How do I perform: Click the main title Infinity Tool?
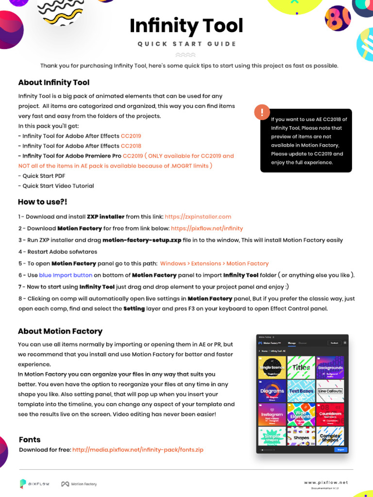(186, 26)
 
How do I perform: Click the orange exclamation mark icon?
(262, 113)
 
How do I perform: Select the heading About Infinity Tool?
(54, 83)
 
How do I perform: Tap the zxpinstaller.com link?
(198, 216)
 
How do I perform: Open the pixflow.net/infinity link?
(207, 228)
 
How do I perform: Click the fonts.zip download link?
(138, 450)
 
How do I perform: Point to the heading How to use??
(43, 202)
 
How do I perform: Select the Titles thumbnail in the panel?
(301, 367)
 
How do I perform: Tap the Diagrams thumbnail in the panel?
(272, 391)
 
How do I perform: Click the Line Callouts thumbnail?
(330, 391)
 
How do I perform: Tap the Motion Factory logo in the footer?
(79, 484)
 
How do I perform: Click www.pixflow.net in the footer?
(326, 482)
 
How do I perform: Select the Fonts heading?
(30, 440)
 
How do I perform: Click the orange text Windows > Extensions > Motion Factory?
(214, 264)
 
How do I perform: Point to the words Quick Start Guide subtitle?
(186, 44)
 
